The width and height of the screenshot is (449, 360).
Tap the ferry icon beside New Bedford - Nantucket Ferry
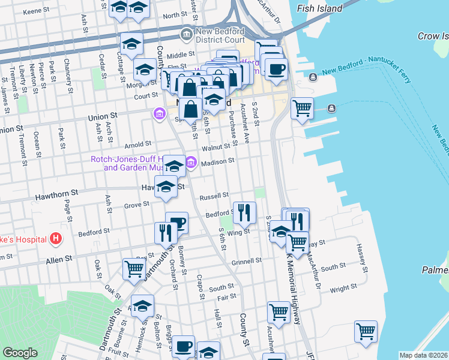click(313, 77)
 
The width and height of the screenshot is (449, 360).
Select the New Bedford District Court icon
click(187, 34)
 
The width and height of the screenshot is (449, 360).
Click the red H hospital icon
click(56, 239)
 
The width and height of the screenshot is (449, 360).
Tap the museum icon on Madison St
click(191, 162)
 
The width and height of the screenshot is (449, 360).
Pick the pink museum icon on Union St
click(159, 113)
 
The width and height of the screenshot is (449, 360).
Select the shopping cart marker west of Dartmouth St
click(133, 268)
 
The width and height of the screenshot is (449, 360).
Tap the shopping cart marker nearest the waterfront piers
click(302, 108)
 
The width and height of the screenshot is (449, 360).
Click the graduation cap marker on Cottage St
click(131, 43)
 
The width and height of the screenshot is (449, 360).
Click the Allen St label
click(59, 258)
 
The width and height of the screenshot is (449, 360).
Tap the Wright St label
click(343, 289)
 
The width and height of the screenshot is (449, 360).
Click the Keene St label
click(35, 11)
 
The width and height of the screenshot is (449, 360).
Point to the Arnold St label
click(137, 145)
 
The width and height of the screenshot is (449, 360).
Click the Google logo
click(20, 353)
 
